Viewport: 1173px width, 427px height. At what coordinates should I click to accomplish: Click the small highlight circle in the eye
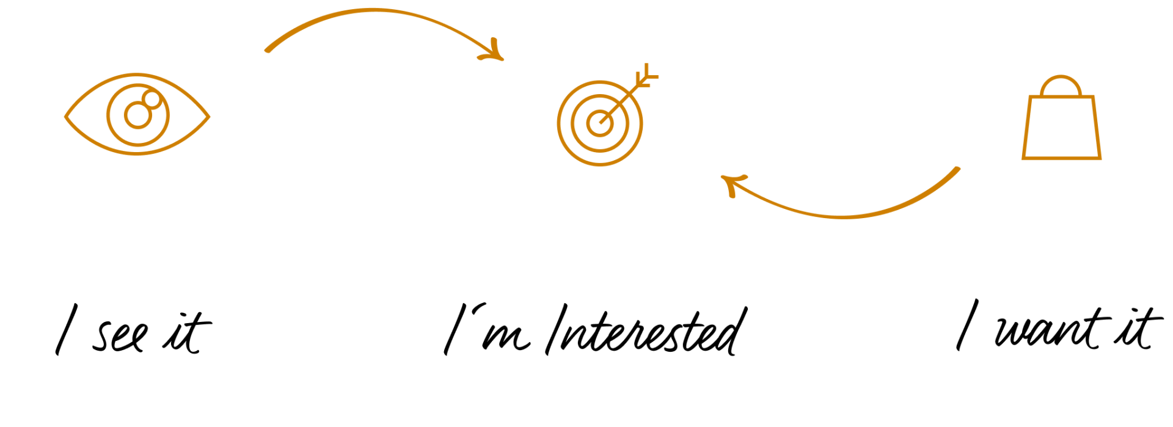click(x=152, y=100)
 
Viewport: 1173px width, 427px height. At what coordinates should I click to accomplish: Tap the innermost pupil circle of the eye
click(x=137, y=115)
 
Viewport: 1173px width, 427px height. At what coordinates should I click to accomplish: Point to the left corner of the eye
click(x=66, y=116)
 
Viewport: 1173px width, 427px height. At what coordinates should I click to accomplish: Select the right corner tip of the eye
click(x=209, y=116)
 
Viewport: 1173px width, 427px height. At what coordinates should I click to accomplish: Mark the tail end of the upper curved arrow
click(x=268, y=50)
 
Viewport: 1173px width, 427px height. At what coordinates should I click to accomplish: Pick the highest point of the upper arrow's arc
click(x=374, y=10)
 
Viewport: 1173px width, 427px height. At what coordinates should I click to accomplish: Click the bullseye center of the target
click(x=600, y=123)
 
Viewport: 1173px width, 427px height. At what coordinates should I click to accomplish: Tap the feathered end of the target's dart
click(x=646, y=76)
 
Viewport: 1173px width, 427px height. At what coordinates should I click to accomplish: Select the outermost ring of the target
click(x=558, y=123)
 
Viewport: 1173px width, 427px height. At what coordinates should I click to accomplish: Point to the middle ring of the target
click(x=572, y=123)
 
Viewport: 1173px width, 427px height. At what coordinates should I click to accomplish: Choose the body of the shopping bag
click(x=1062, y=128)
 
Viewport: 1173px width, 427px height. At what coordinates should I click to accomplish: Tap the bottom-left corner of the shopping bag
click(x=1024, y=158)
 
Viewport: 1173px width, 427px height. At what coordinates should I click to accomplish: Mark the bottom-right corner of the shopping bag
click(x=1100, y=158)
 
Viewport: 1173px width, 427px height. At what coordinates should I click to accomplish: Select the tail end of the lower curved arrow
click(x=957, y=169)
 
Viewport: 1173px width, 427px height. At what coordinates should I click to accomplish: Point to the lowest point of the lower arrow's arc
click(x=843, y=217)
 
